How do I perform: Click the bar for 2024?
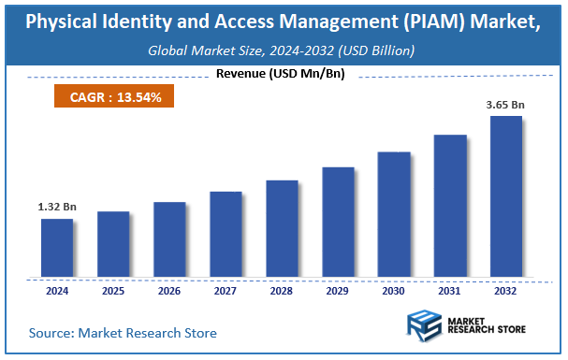(57, 248)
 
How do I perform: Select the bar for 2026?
(169, 239)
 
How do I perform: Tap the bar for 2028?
(282, 228)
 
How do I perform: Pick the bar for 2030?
(394, 214)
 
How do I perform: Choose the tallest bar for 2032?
(506, 196)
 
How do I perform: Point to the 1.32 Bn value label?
(57, 207)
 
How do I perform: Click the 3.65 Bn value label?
(506, 105)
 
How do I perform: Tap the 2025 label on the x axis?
(113, 290)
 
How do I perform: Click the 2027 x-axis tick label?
(226, 290)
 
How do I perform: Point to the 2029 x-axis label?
(338, 290)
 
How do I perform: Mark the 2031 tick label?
(450, 290)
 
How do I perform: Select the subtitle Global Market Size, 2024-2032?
(284, 50)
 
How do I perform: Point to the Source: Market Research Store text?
(123, 333)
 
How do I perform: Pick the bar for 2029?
(338, 222)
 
